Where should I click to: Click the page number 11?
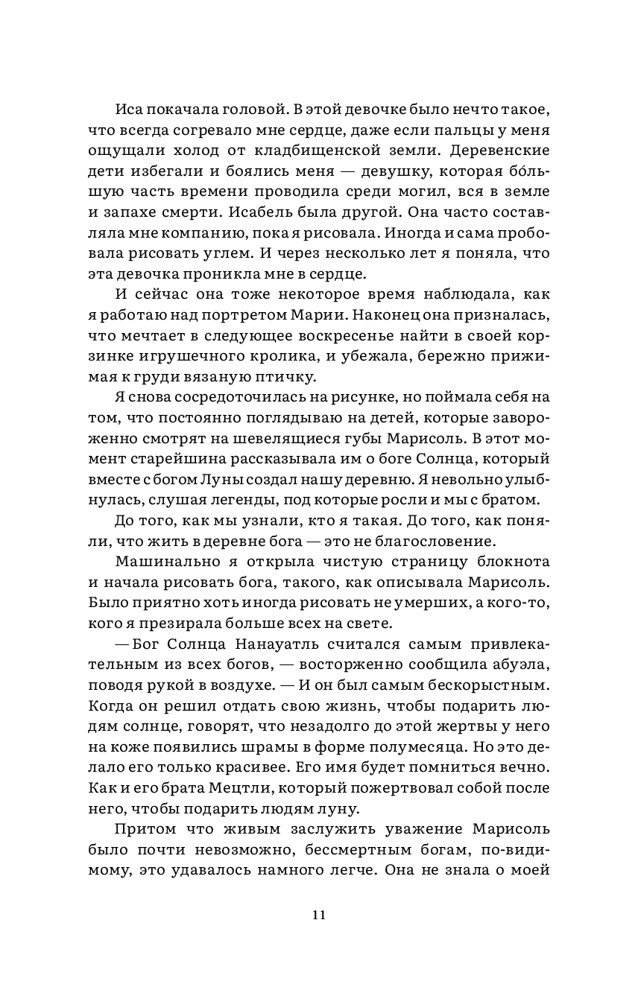coord(319,916)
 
